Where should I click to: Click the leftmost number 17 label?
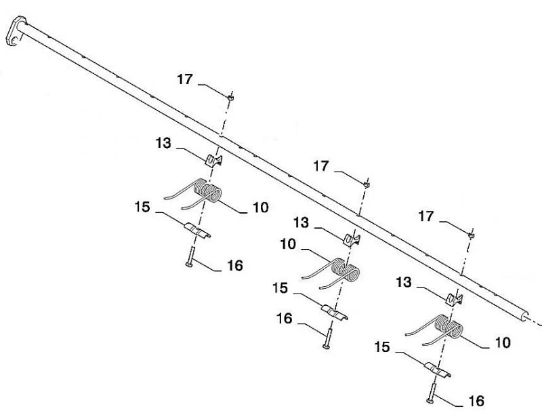(185, 79)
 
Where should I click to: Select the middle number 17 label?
(321, 165)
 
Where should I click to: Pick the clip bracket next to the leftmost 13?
(215, 160)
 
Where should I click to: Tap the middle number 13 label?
(301, 222)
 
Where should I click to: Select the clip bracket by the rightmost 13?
(453, 296)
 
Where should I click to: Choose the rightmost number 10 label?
(502, 342)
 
